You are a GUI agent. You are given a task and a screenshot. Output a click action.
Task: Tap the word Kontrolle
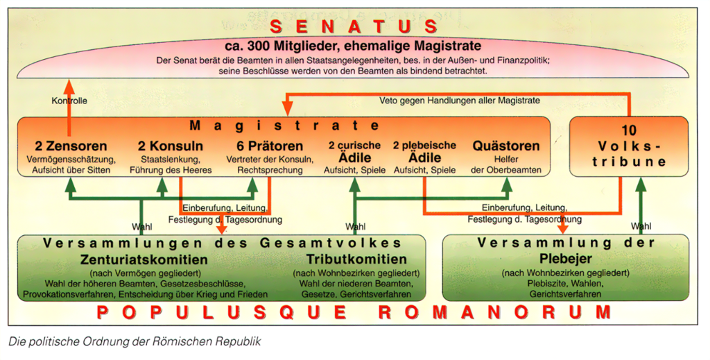click(x=69, y=101)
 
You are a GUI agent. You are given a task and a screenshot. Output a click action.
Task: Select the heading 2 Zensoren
click(x=71, y=146)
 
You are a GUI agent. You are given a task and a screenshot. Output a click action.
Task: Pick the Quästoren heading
click(x=505, y=146)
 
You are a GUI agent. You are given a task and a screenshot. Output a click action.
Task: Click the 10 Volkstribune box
click(x=628, y=146)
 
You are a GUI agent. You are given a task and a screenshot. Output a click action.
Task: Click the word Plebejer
click(x=565, y=259)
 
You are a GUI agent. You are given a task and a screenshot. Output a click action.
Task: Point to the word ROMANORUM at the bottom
click(x=496, y=311)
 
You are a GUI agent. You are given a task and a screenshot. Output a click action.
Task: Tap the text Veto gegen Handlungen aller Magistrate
click(x=460, y=101)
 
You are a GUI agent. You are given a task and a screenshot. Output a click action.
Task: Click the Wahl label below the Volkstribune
click(x=641, y=226)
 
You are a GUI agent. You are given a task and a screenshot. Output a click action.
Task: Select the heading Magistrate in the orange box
click(x=284, y=126)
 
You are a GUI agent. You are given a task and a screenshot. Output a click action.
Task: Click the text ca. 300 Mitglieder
click(x=292, y=46)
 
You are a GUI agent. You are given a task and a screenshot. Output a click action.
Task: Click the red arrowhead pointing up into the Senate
click(x=69, y=85)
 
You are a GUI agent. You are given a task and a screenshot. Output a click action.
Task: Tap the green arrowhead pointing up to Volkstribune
click(x=641, y=182)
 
